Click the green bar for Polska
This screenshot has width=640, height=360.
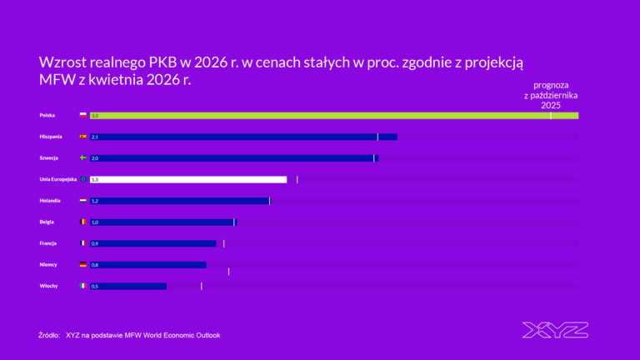(x=333, y=115)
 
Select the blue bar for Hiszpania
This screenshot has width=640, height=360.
(x=242, y=137)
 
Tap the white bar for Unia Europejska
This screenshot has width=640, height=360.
(x=187, y=179)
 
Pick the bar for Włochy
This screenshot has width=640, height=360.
(x=127, y=286)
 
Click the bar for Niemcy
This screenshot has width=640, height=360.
(x=147, y=265)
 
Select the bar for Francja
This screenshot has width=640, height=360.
(x=152, y=243)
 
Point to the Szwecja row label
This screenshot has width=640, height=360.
(x=48, y=157)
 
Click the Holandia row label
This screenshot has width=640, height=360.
(x=50, y=201)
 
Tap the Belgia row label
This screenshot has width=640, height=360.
(x=47, y=222)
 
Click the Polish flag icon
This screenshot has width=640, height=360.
(x=82, y=115)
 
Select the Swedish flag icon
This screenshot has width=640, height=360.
(x=82, y=157)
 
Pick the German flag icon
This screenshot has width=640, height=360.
(x=82, y=265)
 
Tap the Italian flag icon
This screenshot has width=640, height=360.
(x=82, y=286)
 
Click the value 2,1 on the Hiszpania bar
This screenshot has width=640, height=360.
(x=95, y=137)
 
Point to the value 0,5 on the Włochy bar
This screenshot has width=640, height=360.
(x=95, y=286)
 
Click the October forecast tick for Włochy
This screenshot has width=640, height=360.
(x=202, y=286)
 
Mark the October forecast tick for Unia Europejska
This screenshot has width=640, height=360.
(x=297, y=179)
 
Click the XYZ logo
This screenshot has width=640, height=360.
(x=555, y=330)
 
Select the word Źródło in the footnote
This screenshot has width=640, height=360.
(x=49, y=335)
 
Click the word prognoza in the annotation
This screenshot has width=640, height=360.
(x=551, y=85)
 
